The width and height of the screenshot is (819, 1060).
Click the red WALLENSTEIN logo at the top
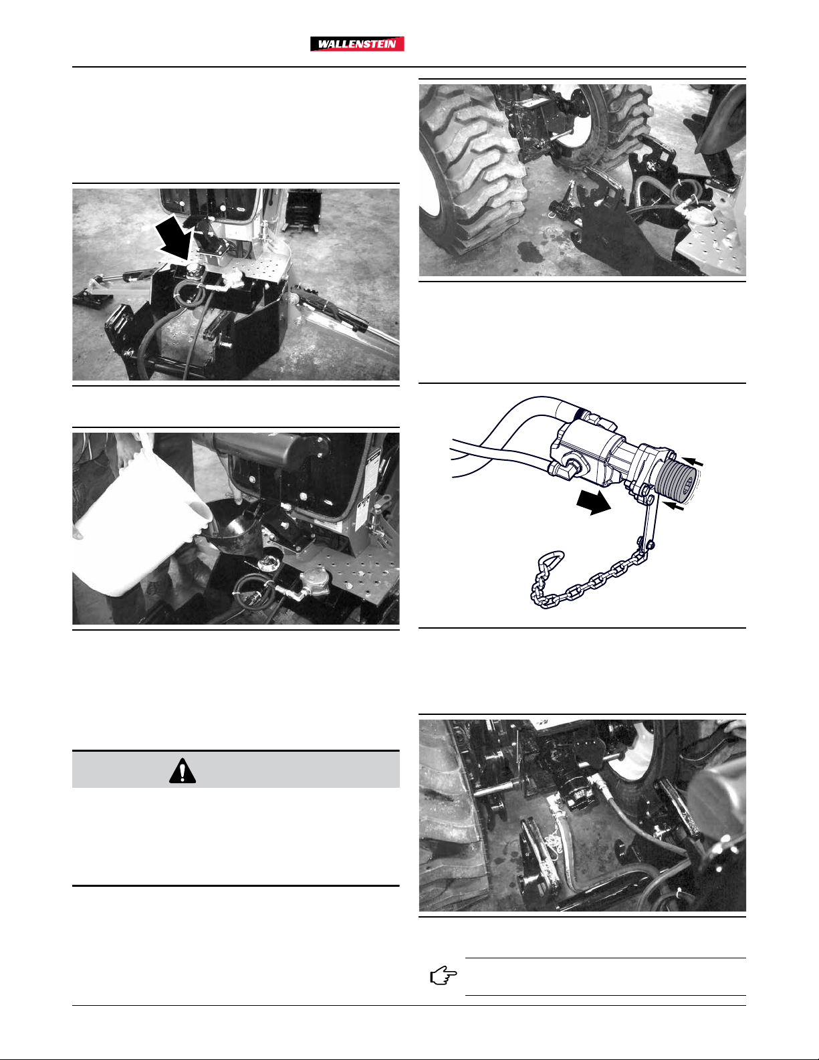point(357,44)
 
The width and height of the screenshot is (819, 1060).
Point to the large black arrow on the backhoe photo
point(173,239)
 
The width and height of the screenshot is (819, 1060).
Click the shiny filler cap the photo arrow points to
point(192,269)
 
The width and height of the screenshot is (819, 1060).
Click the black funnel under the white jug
point(233,528)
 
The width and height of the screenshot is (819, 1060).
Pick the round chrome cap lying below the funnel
point(267,565)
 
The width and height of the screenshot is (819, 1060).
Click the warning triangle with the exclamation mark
point(183,771)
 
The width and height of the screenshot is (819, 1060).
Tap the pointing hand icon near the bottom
point(443,976)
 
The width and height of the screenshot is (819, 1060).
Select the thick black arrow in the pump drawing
point(593,502)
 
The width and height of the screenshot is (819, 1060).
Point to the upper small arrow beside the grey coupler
point(692,462)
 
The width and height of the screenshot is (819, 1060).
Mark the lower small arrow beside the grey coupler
point(674,508)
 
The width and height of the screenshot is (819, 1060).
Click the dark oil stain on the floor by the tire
point(528,251)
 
